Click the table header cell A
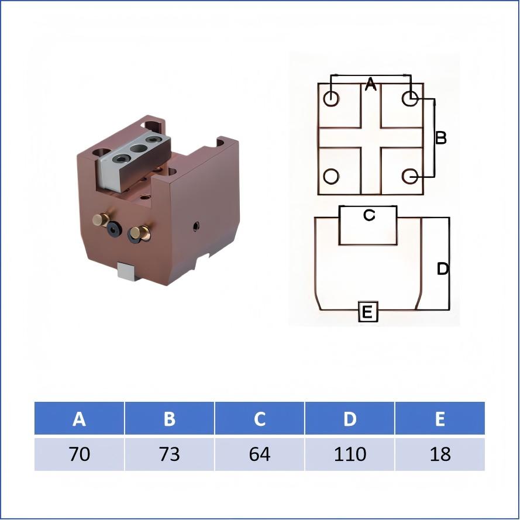[x=80, y=419]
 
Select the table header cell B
[x=170, y=419]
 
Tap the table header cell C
[x=260, y=419]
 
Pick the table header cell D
[x=350, y=419]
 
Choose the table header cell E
[x=440, y=419]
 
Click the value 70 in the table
[x=80, y=454]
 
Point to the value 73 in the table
[x=170, y=454]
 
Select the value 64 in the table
[x=260, y=454]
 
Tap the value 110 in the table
[x=350, y=454]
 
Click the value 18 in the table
[x=440, y=454]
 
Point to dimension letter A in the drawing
[x=370, y=85]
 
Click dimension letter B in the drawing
[x=441, y=137]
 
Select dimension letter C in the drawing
[x=369, y=215]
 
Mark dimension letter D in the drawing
[x=443, y=269]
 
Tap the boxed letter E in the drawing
[x=367, y=312]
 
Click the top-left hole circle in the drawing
[x=331, y=98]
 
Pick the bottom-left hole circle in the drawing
[x=331, y=175]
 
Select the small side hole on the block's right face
[x=197, y=226]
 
